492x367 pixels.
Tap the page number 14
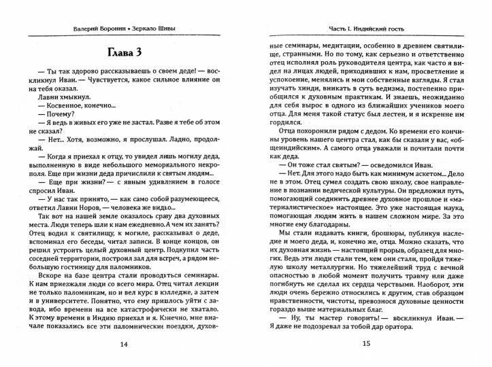click(x=123, y=344)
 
